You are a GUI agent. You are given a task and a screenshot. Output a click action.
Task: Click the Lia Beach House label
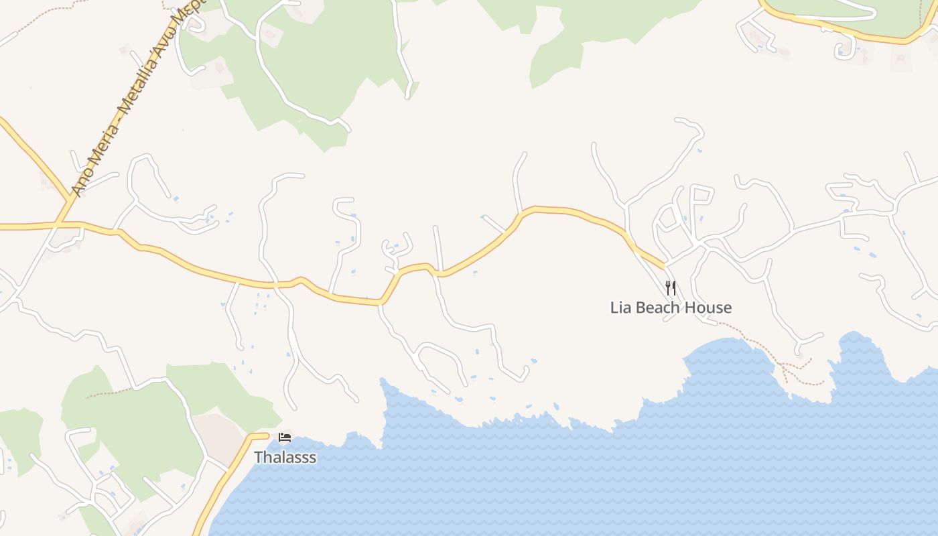(671, 308)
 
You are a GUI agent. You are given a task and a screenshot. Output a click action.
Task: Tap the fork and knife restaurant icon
(671, 288)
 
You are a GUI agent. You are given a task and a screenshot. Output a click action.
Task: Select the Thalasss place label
(285, 458)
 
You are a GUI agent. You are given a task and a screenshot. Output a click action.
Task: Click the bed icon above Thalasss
(285, 438)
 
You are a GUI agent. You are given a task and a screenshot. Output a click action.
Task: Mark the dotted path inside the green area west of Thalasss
(107, 393)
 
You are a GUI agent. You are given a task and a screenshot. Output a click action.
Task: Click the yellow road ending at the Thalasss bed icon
(228, 469)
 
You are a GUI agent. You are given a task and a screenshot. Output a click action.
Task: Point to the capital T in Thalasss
(258, 458)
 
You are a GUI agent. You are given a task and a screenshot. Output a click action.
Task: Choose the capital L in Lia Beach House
(614, 308)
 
